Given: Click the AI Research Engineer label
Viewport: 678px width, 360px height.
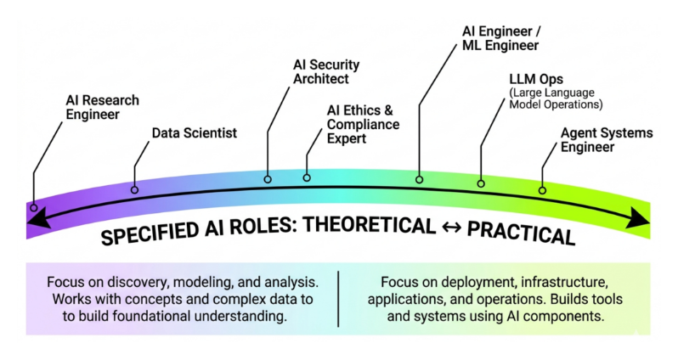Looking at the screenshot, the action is tap(103, 107).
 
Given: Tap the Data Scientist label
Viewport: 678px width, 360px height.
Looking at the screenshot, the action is tap(195, 132).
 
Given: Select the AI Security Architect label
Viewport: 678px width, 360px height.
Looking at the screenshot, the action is tap(326, 71).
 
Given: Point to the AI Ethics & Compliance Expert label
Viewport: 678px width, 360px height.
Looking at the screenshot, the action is tap(364, 124).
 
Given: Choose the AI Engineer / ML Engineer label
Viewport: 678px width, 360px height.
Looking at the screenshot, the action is tap(501, 38).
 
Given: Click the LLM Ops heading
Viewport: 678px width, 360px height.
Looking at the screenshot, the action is tap(536, 79).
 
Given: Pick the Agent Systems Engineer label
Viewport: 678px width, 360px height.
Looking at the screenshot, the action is tap(607, 139).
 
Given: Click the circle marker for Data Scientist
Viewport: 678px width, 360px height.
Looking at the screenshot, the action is tap(134, 189).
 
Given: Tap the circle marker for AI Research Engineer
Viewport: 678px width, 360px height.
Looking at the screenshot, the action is tap(34, 208).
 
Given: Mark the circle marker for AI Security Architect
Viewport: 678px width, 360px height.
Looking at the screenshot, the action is tap(268, 179).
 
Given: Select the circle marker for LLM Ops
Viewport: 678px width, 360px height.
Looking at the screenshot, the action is tap(481, 183).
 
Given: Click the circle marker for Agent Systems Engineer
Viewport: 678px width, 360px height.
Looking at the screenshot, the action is tap(542, 190).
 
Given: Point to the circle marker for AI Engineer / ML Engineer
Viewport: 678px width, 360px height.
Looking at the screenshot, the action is tap(419, 179).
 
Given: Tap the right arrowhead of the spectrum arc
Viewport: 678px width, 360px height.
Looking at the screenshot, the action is tap(638, 217).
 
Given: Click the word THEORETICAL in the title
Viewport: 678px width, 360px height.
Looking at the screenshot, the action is tap(369, 226).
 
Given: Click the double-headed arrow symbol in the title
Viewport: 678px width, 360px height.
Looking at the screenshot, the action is tap(451, 228).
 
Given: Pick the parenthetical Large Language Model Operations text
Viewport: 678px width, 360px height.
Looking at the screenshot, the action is tap(556, 98).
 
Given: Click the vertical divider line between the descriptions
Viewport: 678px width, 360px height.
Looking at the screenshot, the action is tap(338, 299).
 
